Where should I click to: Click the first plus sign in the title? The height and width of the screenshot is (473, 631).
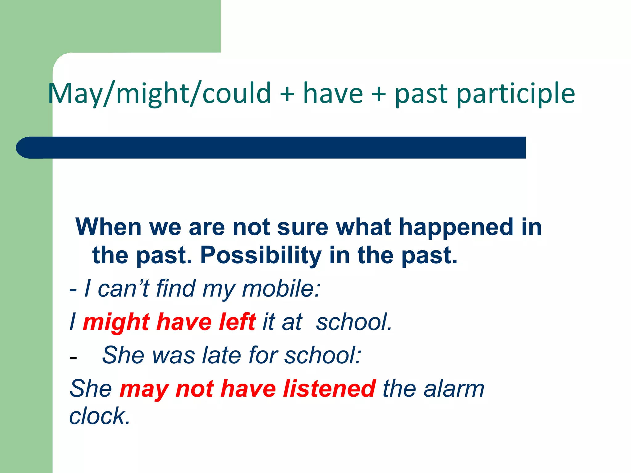(x=287, y=94)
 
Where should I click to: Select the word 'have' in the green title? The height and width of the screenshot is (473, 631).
(x=333, y=94)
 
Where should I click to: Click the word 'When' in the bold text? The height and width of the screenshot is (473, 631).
(x=108, y=227)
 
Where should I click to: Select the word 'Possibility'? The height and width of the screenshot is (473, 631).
(x=261, y=256)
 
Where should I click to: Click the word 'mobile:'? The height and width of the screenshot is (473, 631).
(x=281, y=289)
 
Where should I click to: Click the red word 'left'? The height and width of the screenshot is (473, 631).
(x=237, y=321)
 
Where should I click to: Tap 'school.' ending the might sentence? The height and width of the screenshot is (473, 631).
(x=354, y=322)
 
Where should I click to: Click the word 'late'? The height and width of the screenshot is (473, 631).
(x=222, y=355)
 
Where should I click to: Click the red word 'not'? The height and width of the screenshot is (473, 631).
(x=194, y=389)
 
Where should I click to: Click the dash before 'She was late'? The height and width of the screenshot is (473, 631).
(x=73, y=358)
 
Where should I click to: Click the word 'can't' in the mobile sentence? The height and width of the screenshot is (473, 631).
(x=123, y=289)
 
